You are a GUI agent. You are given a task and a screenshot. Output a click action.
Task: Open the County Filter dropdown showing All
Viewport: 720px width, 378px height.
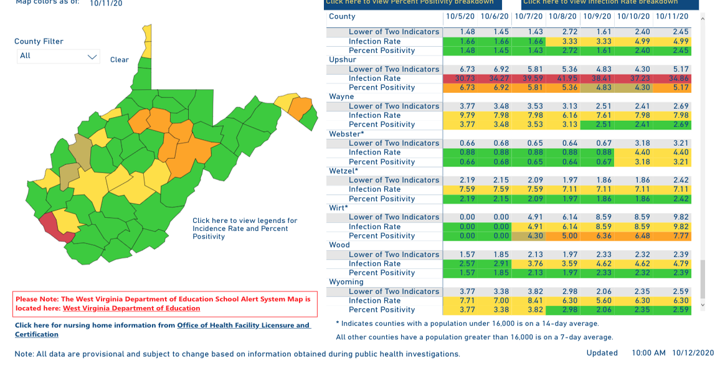[x=58, y=56]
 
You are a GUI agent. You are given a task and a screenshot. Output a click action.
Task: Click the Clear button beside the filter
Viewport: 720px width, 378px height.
[x=120, y=60]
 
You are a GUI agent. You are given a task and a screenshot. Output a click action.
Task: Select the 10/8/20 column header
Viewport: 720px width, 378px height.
[x=562, y=17]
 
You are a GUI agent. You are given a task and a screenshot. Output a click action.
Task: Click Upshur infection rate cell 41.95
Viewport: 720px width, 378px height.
[x=562, y=78]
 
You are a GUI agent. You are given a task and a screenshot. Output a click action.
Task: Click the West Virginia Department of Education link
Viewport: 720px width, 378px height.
[x=131, y=308]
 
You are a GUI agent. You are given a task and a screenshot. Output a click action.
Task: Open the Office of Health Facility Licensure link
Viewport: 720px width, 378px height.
[x=243, y=325]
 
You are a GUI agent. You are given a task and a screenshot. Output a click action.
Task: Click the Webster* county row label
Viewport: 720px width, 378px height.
[x=346, y=134]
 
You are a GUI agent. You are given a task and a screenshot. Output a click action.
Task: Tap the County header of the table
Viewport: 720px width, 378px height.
[x=342, y=17]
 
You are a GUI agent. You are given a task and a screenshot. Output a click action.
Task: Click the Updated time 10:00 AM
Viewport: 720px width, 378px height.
[x=648, y=353]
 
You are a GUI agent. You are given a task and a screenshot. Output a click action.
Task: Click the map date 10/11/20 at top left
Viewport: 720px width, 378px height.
[x=106, y=4]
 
